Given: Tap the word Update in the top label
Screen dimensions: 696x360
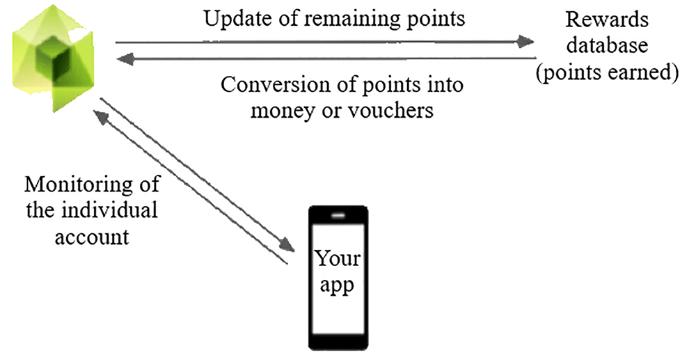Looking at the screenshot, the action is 231,19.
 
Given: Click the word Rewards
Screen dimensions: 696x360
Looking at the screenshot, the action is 607,20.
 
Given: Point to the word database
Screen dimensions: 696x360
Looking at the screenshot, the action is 607,45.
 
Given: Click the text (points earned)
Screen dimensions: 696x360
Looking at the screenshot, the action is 607,72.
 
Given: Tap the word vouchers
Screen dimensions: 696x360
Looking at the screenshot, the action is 390,110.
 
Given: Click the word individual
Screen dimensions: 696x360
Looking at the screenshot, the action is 109,210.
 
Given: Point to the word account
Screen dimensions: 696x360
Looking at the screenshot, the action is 92,237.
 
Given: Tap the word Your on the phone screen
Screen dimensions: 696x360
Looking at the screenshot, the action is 338,258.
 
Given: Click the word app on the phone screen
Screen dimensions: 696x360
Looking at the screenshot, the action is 338,285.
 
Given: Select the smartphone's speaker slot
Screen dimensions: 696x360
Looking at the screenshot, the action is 338,216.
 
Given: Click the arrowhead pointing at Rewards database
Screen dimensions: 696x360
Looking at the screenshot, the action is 526,42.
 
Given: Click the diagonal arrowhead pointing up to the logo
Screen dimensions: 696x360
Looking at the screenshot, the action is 100,118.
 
